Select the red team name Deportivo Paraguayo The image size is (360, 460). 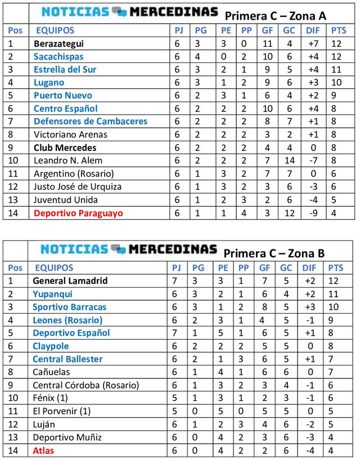[78, 213]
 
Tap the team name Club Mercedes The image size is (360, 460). [65, 148]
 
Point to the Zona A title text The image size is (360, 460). [275, 16]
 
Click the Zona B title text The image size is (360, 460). [274, 253]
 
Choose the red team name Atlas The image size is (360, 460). [43, 450]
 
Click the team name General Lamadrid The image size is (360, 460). [70, 280]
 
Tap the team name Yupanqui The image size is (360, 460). [52, 294]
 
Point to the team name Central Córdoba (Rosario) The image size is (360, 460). [85, 385]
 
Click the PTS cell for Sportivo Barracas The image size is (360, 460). [336, 307]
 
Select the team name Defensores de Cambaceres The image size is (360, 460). [91, 122]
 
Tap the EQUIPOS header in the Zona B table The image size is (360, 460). [54, 267]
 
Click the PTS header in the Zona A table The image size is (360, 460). [339, 30]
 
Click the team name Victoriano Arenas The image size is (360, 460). [70, 135]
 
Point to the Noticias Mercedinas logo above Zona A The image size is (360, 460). [129, 12]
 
